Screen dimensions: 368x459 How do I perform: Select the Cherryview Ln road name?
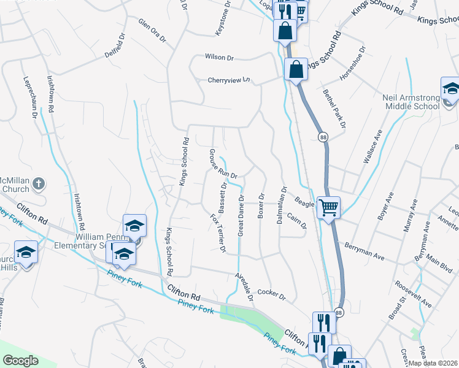[229, 80]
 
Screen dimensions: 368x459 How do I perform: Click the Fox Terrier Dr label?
[218, 233]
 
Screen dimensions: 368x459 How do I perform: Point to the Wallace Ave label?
[372, 146]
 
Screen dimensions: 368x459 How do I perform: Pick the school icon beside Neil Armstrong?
[451, 90]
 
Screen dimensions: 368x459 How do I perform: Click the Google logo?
[21, 361]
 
